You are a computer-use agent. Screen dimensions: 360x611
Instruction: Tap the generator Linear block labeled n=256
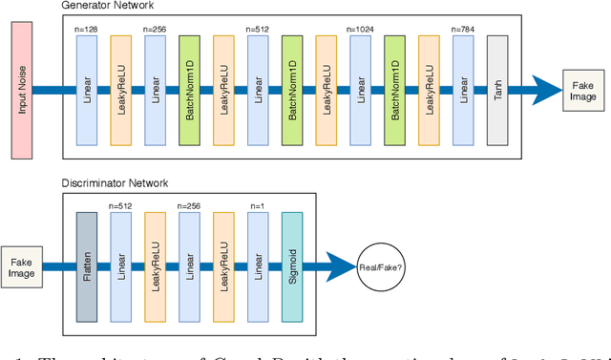click(156, 91)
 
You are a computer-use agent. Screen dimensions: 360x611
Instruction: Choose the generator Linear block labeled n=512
click(259, 91)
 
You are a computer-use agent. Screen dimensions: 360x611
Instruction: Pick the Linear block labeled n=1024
click(361, 91)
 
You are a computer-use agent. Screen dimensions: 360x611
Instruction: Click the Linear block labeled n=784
click(464, 91)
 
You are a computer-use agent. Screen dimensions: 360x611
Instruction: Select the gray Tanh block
click(498, 91)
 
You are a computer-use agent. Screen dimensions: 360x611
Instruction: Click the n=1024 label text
click(361, 30)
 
